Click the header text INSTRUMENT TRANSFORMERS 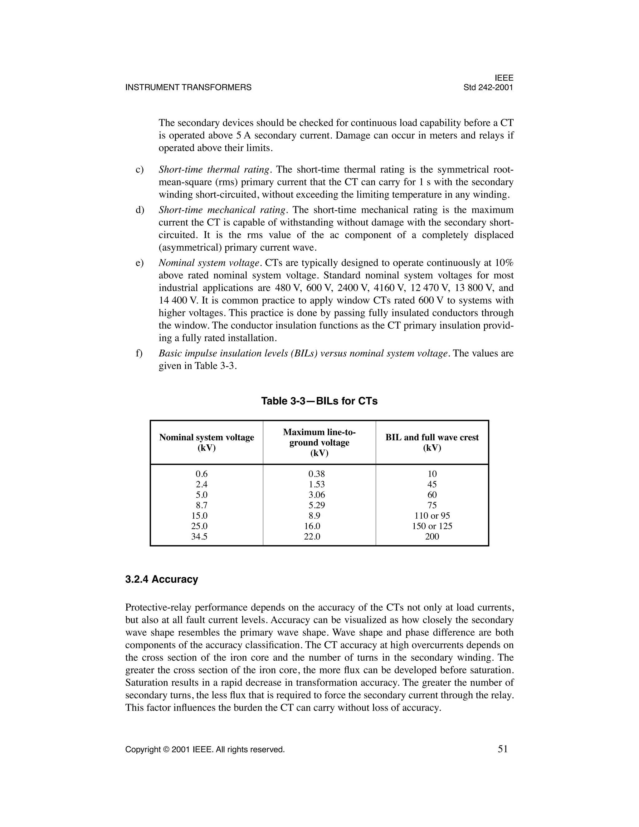pos(188,87)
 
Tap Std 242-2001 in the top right pos(488,87)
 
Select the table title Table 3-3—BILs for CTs pos(319,401)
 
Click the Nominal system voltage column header pos(206,442)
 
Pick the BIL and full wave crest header pos(432,442)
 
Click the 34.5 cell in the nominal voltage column pos(199,536)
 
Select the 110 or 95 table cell pos(432,516)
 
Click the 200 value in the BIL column pos(432,536)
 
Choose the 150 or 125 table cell pos(432,526)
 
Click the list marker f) pos(139,354)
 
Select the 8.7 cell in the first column pos(199,505)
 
